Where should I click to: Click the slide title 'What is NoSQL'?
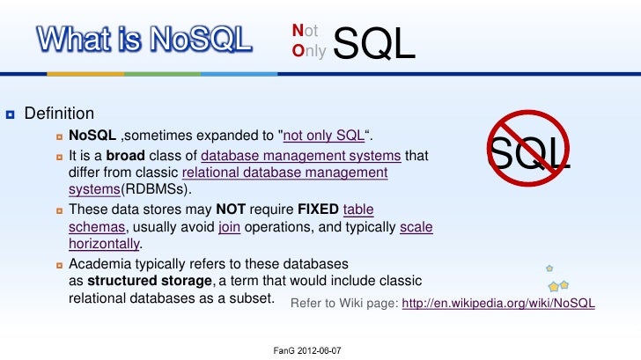tap(143, 39)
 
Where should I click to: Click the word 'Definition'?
tap(59, 114)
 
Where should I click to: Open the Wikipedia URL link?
tap(498, 303)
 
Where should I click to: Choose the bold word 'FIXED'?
tap(317, 209)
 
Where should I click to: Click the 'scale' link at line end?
tap(416, 227)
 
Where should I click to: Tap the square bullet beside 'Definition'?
tap(9, 114)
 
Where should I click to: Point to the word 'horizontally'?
tap(104, 244)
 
